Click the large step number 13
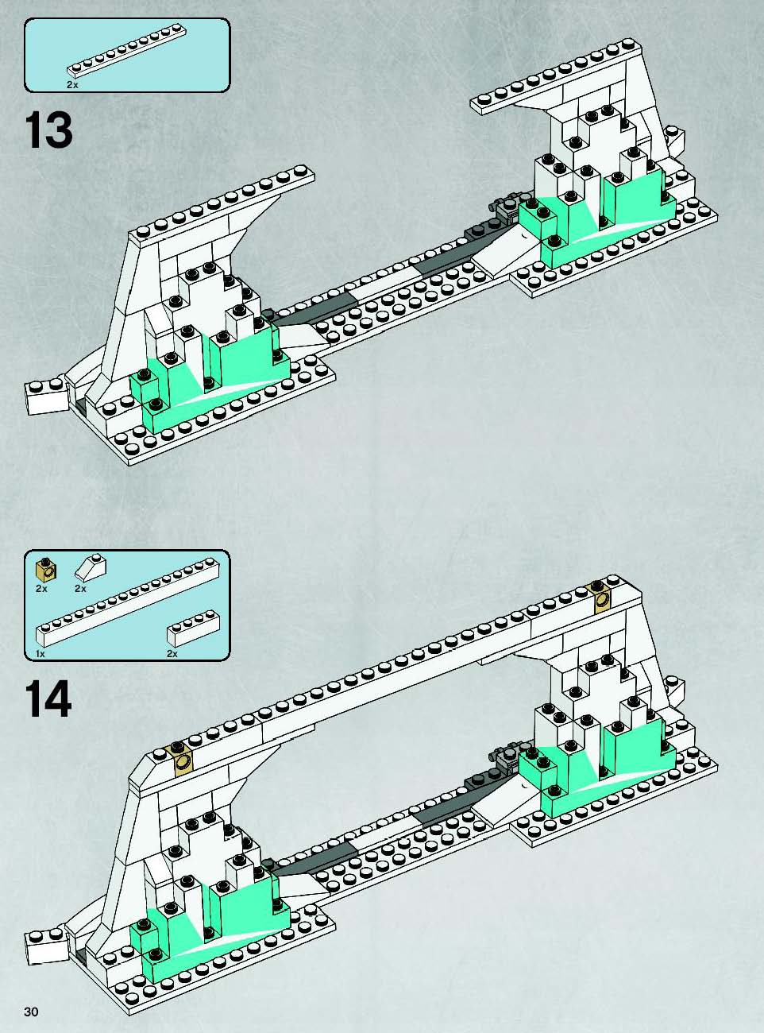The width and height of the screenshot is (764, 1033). pyautogui.click(x=48, y=130)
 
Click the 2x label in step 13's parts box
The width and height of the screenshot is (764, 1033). pyautogui.click(x=72, y=85)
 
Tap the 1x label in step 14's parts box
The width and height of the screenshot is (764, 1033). pyautogui.click(x=41, y=654)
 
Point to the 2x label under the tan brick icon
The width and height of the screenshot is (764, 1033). pyautogui.click(x=41, y=589)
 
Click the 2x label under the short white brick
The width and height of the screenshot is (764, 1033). pyautogui.click(x=172, y=654)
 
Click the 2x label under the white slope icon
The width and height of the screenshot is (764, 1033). pyautogui.click(x=80, y=589)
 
